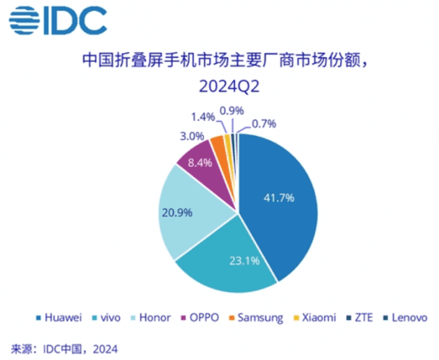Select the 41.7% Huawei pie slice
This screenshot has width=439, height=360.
click(278, 199)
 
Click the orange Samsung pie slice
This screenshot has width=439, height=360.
click(218, 144)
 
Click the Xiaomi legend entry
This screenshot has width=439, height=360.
click(318, 317)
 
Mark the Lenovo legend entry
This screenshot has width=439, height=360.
click(406, 317)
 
